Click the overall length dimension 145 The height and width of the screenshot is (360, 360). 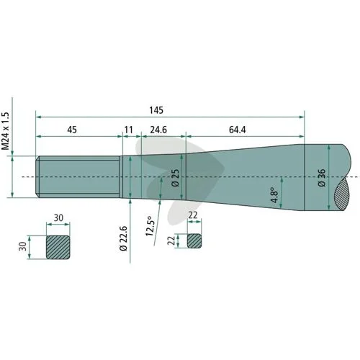[x=156, y=110]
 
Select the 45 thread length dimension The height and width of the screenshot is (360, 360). [x=72, y=130]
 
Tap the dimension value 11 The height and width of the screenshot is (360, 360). [x=129, y=130]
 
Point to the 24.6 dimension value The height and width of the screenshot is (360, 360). [x=158, y=130]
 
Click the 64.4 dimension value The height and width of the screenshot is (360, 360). [x=238, y=130]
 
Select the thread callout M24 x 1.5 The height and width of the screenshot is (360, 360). [x=5, y=131]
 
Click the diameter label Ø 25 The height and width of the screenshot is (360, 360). [x=176, y=178]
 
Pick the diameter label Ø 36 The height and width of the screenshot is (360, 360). [x=322, y=178]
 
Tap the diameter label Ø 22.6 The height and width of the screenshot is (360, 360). [x=123, y=238]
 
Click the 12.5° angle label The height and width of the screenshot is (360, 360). [x=149, y=226]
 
